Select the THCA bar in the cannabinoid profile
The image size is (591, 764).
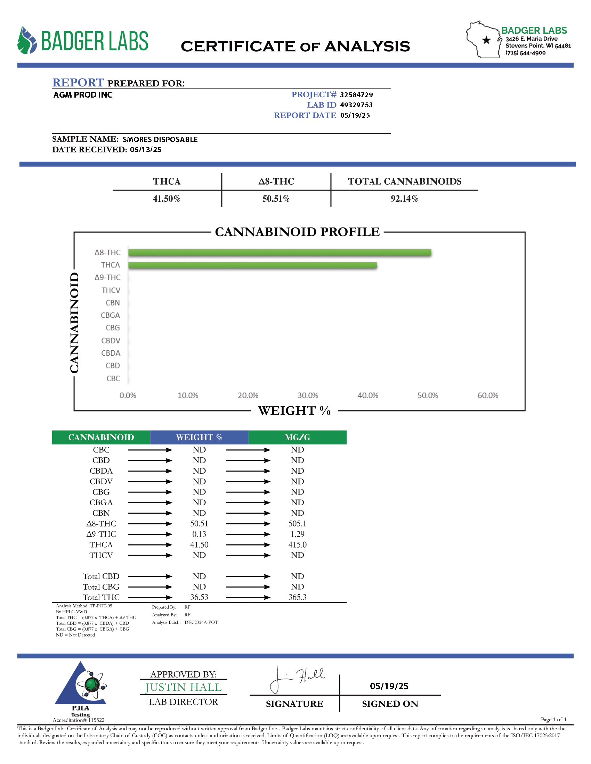pos(252,265)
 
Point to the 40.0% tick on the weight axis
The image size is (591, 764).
pos(367,395)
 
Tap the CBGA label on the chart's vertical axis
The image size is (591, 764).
pos(110,315)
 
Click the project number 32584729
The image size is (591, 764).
pos(356,95)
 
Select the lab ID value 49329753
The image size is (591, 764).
pos(356,105)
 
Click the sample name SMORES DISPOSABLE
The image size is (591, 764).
pos(160,140)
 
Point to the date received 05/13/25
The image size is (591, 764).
pos(145,150)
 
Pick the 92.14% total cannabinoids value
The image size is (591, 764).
pos(404,199)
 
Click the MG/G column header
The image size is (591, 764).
pos(297,437)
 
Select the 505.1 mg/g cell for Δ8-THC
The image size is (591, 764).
pos(297,523)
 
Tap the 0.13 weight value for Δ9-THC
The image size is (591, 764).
pos(199,534)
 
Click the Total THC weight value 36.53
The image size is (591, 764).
pos(199,597)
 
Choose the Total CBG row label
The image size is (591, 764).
pos(101,587)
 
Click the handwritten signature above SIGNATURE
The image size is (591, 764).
pos(296,679)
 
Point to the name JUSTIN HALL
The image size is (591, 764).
pos(184,687)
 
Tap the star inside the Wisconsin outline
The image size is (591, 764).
pos(486,40)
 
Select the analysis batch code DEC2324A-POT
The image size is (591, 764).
pos(201,622)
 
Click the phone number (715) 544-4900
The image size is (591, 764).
pos(525,53)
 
